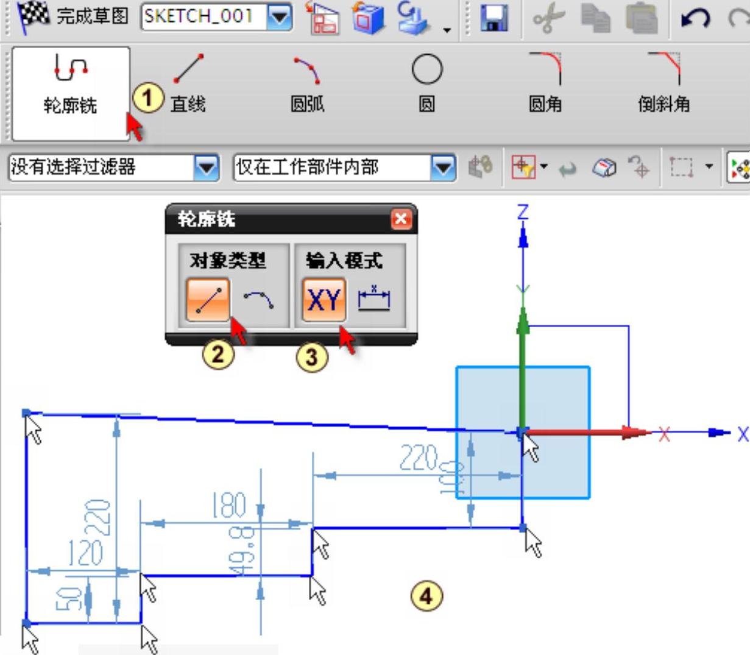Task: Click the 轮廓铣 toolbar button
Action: [x=70, y=93]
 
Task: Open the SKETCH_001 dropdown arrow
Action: [x=280, y=17]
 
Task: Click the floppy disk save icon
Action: [x=494, y=18]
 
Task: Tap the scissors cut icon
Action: [x=548, y=18]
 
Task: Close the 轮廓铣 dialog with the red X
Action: [x=401, y=219]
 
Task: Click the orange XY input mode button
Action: [x=324, y=300]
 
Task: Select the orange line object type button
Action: [x=208, y=300]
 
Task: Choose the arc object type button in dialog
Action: [x=259, y=299]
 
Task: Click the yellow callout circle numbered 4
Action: [x=426, y=595]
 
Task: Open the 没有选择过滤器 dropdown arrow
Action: [x=207, y=167]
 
